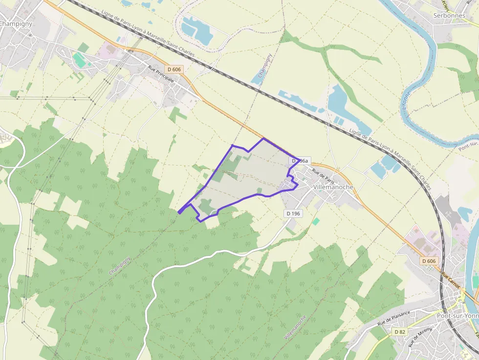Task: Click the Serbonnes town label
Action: [450, 15]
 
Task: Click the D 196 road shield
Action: [293, 213]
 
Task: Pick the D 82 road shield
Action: [399, 332]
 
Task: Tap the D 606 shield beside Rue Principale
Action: [173, 69]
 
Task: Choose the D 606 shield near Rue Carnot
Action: [429, 261]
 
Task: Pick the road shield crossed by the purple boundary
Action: [300, 160]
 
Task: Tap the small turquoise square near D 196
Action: [316, 221]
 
